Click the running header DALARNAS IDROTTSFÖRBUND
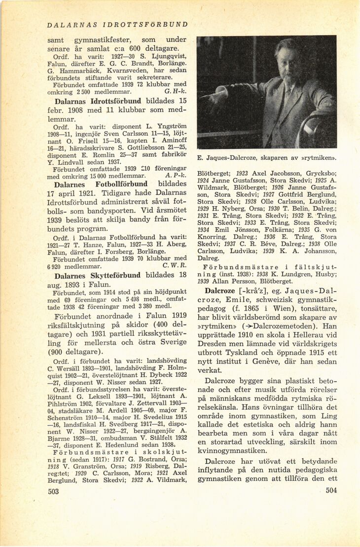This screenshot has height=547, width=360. tap(117, 24)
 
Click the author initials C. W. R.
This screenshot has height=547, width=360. tap(175, 266)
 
